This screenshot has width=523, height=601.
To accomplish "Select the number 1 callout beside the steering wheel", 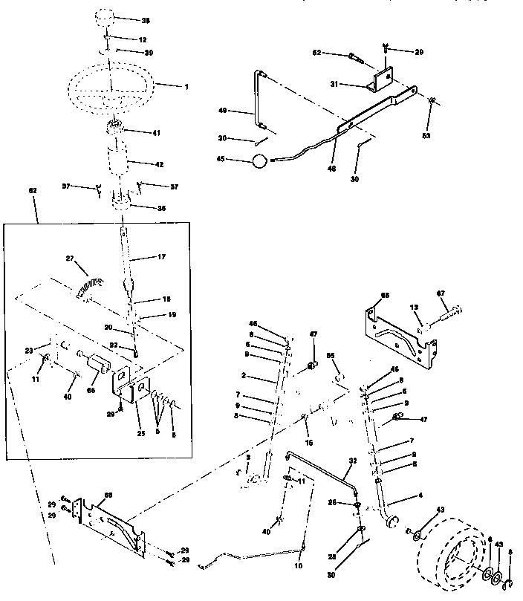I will click(186, 87).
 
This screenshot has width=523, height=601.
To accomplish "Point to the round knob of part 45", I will click(259, 160).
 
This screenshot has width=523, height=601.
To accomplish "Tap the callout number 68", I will click(384, 296).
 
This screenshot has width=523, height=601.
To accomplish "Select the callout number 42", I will click(159, 164).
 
